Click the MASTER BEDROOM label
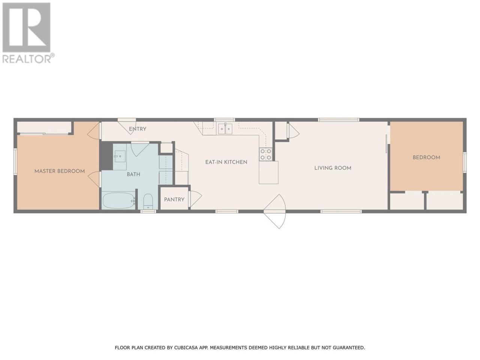(x=60, y=171)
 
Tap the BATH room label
(x=133, y=174)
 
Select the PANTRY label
(x=174, y=199)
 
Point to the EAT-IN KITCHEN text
(x=226, y=162)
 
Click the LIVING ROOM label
(x=333, y=168)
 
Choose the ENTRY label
(x=138, y=129)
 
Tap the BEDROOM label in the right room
(x=426, y=157)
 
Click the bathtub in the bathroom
(x=118, y=201)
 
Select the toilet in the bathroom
(x=148, y=201)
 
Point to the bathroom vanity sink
(x=119, y=157)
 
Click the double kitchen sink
(x=225, y=129)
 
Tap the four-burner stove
(x=266, y=154)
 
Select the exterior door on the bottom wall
(x=275, y=211)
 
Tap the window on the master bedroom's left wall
(x=15, y=162)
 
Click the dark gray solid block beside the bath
(x=106, y=156)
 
